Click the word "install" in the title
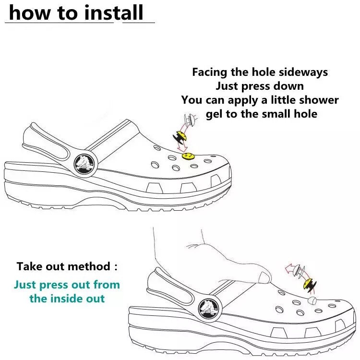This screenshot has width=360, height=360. click(x=114, y=13)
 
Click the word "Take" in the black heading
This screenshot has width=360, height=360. click(x=29, y=266)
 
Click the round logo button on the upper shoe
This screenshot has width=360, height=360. click(x=84, y=164)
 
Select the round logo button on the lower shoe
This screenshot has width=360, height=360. click(x=209, y=309)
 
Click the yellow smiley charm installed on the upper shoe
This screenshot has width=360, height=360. click(x=188, y=156)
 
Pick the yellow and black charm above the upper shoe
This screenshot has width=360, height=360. click(x=180, y=137)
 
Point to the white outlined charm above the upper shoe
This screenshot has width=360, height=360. click(x=190, y=120)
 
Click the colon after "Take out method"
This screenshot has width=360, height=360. click(x=116, y=267)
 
